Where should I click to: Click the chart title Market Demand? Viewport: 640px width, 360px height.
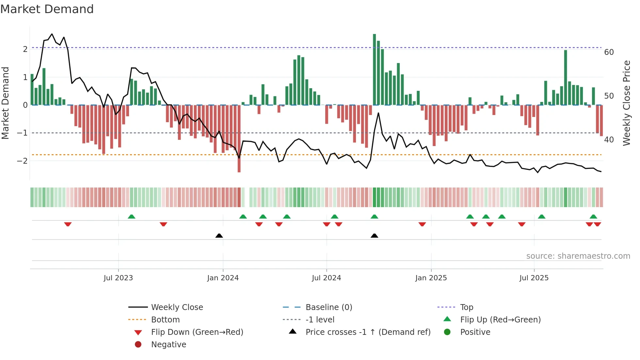(47, 9)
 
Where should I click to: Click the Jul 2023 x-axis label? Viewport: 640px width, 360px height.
(118, 278)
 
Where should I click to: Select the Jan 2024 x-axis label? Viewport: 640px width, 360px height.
(223, 278)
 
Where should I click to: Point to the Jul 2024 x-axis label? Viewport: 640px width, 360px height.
(326, 278)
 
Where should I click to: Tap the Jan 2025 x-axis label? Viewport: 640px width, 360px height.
(431, 278)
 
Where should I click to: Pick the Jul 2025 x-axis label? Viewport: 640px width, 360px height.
(534, 278)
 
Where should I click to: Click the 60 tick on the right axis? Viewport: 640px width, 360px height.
(609, 52)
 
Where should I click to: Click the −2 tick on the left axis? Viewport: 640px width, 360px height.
(22, 161)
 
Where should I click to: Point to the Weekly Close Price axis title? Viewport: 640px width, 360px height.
(626, 103)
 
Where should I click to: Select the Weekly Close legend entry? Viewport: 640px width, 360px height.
(177, 307)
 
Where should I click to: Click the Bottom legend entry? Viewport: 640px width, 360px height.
(165, 320)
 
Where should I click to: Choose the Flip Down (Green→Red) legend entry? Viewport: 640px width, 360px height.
(197, 332)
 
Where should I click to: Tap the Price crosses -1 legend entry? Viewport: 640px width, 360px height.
(368, 332)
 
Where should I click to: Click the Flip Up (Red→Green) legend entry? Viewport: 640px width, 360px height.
(500, 320)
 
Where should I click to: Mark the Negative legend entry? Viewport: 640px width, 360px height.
(168, 345)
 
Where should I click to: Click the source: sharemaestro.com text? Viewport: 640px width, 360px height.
(578, 256)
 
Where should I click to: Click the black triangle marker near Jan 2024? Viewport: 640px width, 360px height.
(219, 236)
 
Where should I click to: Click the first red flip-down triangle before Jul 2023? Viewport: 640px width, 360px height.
(68, 224)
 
